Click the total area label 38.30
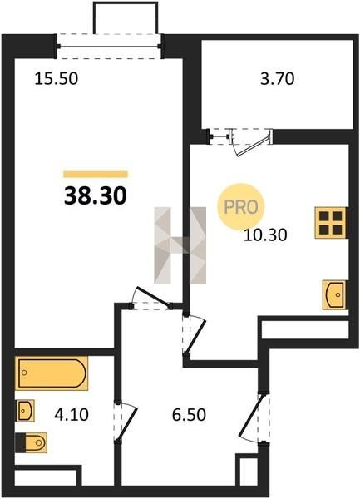tap(96, 195)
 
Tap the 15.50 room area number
tap(56, 79)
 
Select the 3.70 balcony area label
tap(278, 79)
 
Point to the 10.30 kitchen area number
tap(265, 235)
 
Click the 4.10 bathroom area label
tap(72, 415)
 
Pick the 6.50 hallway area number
tap(189, 415)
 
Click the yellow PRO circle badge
tap(241, 207)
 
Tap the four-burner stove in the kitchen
tap(331, 223)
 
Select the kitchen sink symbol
tap(334, 294)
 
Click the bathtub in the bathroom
tap(52, 373)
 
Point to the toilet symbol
tap(31, 442)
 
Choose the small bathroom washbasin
tap(25, 411)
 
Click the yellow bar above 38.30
tap(96, 174)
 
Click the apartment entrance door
tap(254, 417)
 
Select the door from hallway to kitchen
tap(195, 334)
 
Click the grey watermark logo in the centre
tap(180, 245)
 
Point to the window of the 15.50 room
tap(109, 46)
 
